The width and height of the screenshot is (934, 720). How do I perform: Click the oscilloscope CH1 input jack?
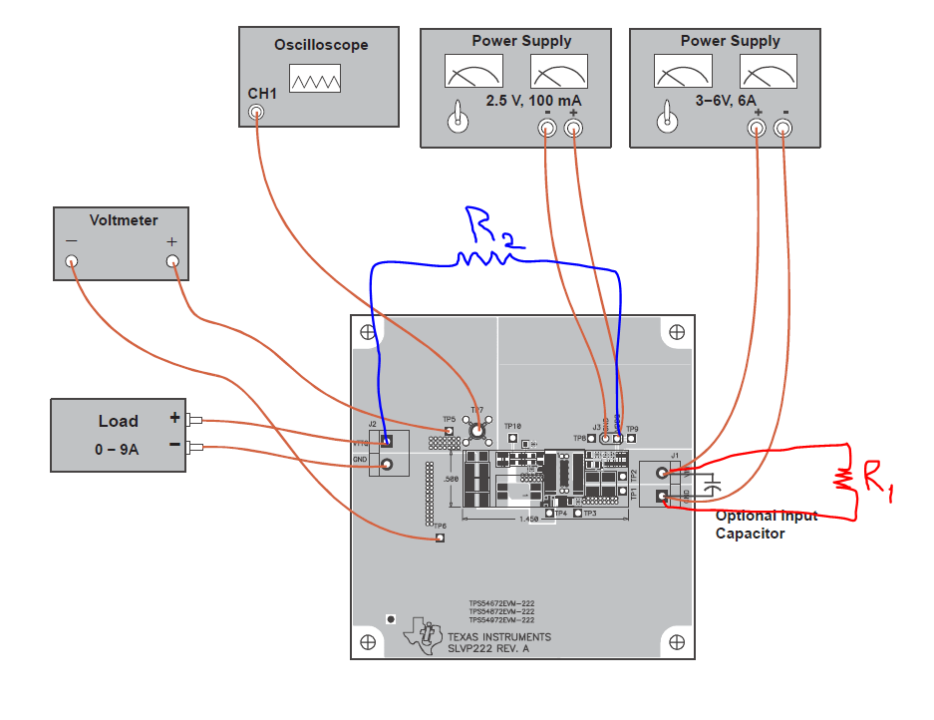coord(257,113)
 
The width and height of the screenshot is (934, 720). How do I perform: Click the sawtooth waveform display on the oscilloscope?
coord(315,79)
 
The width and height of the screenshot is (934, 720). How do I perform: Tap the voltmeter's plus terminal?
coord(172,262)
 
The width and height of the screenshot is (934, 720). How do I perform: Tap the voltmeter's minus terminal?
coord(71,262)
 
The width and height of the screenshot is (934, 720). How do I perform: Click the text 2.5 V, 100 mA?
coord(533,102)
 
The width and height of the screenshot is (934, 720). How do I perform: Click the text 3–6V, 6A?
coord(731,100)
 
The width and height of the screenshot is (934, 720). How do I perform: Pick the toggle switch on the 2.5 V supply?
coord(459,119)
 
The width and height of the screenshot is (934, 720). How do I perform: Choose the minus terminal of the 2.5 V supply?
coord(546,128)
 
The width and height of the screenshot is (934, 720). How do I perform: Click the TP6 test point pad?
coord(440,539)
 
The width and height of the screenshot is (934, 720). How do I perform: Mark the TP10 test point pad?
coord(512,437)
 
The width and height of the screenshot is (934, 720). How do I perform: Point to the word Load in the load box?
coord(118,422)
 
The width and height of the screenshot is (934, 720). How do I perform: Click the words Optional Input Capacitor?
coord(766,525)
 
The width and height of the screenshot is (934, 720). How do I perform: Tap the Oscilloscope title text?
coord(321,45)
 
